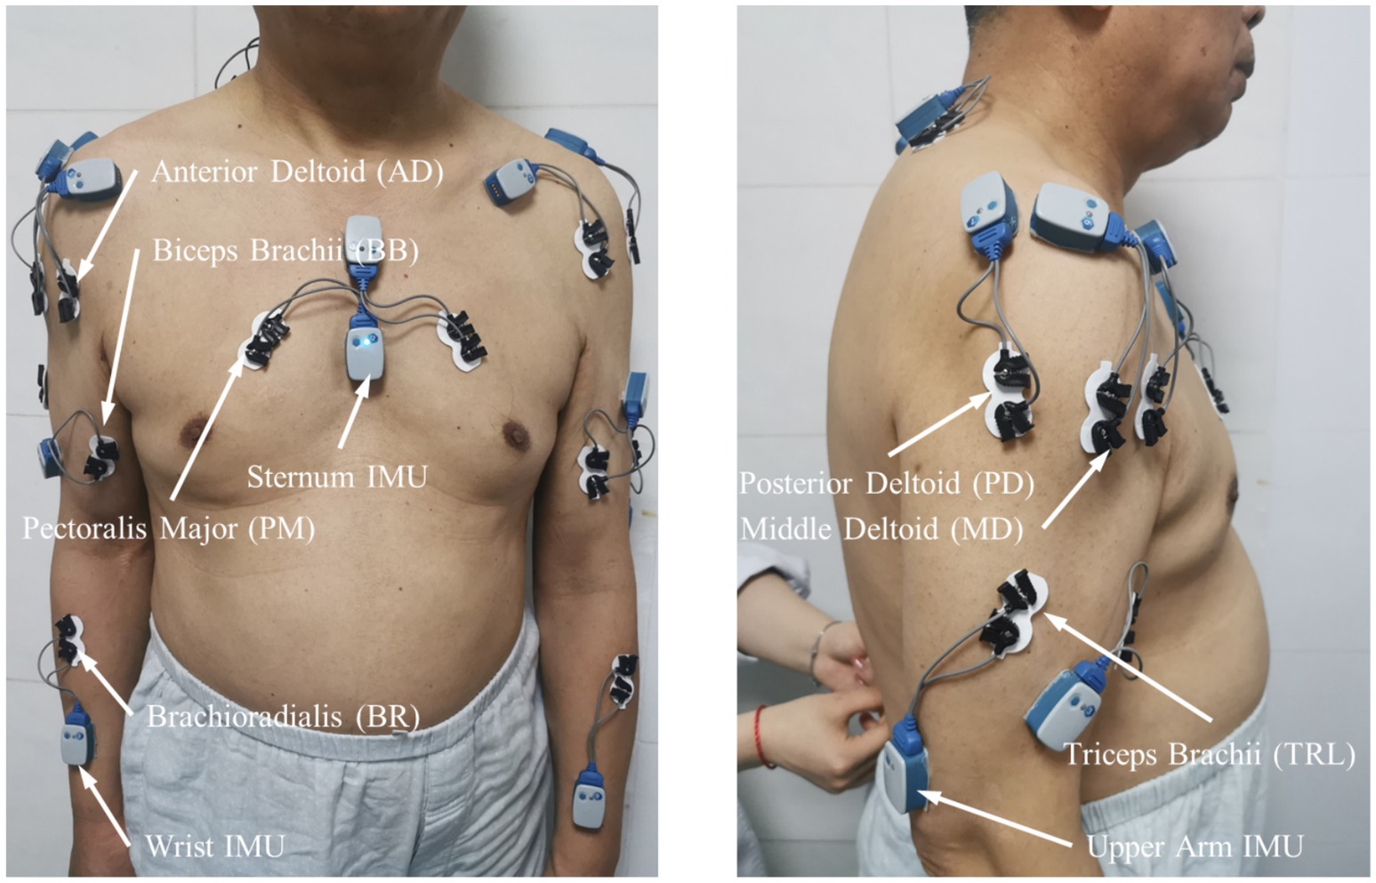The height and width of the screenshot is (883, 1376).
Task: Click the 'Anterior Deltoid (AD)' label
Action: point(297,171)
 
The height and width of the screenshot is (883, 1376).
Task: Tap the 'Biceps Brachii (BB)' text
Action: point(286,250)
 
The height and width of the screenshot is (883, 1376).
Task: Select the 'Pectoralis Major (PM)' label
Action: point(169,528)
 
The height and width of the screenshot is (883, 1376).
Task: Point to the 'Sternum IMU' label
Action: point(337,477)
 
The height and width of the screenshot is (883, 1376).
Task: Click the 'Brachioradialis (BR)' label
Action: point(283,716)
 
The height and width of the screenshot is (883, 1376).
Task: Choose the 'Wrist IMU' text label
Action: point(214,846)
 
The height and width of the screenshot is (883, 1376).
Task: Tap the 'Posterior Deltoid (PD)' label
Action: point(887,484)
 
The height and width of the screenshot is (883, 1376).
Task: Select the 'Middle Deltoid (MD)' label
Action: point(881,530)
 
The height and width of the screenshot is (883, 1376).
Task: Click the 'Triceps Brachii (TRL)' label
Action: point(1210,755)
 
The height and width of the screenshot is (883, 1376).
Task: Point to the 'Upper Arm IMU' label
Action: point(1195,847)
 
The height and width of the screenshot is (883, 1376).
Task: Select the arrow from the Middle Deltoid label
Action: point(1077,488)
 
